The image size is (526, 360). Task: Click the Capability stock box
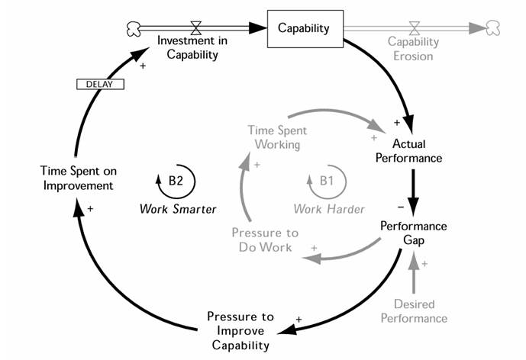(x=305, y=29)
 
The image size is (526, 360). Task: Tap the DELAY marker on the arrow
(x=101, y=84)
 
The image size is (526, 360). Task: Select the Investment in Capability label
(x=188, y=47)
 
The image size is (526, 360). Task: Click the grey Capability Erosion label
(x=413, y=48)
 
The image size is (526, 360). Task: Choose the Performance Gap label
(x=414, y=233)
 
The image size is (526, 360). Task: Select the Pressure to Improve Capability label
(x=240, y=330)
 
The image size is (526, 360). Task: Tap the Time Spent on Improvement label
(x=79, y=177)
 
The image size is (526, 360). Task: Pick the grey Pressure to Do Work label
(x=266, y=239)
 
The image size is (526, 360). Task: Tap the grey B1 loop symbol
(x=327, y=181)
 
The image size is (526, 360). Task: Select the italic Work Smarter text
(x=178, y=208)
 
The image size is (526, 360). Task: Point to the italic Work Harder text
(x=329, y=207)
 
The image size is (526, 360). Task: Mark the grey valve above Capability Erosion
(x=414, y=27)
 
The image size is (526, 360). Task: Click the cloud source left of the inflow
(x=132, y=28)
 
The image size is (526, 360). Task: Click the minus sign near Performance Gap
(x=400, y=207)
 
